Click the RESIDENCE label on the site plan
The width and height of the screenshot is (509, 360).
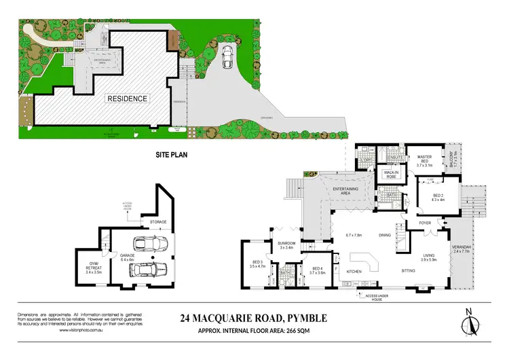point(128,98)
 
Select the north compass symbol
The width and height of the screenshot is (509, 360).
point(469,324)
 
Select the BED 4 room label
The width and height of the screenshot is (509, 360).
point(318,270)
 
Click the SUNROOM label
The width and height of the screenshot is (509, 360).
point(284,244)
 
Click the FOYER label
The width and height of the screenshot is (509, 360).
point(426,222)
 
